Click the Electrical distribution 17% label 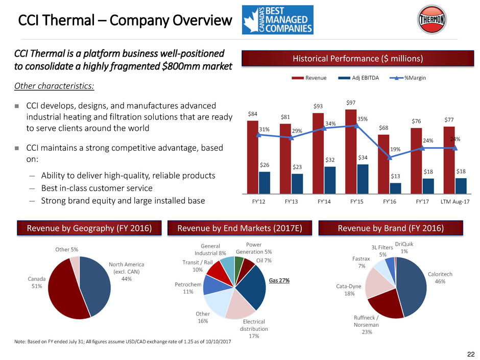pyautogui.click(x=254, y=329)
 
